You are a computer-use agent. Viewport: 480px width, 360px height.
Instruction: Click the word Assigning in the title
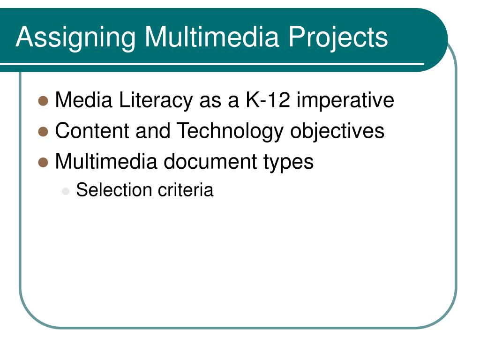coord(75,37)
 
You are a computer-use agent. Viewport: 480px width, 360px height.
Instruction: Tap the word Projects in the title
coord(338,37)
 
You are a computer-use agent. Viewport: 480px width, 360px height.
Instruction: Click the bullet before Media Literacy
coord(44,100)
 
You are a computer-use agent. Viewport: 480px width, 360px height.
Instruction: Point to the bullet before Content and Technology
coord(44,131)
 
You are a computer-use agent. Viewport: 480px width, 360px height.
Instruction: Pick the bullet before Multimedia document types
coord(44,162)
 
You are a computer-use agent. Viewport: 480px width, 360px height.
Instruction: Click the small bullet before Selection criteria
coord(66,191)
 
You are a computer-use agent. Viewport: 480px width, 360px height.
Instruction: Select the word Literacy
coord(157,100)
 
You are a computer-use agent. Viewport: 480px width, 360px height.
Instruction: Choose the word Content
coord(92,131)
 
